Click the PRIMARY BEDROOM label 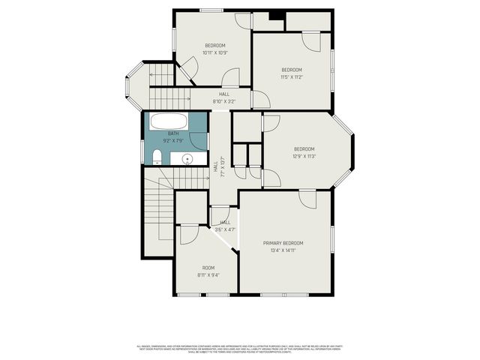pos(283,243)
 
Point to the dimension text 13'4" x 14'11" pos(283,251)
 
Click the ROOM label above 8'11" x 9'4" pos(208,268)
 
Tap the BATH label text pos(173,133)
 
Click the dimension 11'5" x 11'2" pos(291,77)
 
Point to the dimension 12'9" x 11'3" pos(304,156)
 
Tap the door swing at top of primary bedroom pos(307,199)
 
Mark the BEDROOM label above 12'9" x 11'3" pos(304,148)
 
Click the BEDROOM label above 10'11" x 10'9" pos(214,46)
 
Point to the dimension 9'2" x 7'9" pos(173,140)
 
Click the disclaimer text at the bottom pos(240,348)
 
